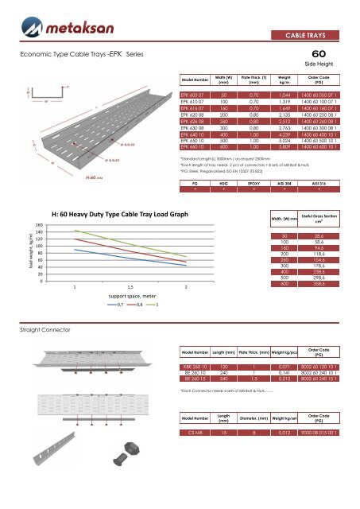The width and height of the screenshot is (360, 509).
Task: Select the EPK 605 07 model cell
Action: tap(201, 95)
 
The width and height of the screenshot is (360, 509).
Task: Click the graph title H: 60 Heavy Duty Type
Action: tap(119, 215)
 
